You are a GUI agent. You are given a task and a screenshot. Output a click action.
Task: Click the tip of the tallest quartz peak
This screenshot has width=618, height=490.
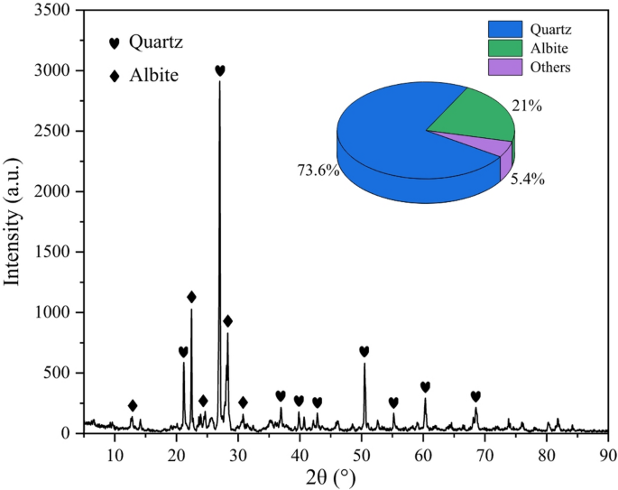[219, 82]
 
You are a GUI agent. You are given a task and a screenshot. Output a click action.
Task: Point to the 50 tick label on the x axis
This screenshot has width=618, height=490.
[362, 450]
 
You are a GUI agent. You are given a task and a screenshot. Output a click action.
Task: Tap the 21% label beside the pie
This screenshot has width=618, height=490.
[527, 106]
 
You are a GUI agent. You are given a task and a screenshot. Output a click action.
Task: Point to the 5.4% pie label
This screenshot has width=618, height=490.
[528, 179]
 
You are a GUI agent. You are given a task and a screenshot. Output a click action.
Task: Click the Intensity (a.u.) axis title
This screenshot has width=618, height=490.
[13, 219]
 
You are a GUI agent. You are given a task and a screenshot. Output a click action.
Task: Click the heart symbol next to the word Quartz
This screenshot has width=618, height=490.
[114, 42]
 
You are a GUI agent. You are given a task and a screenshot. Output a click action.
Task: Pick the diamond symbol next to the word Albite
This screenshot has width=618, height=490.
[114, 77]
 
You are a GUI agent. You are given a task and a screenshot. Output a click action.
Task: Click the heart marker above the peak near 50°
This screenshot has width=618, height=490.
[364, 351]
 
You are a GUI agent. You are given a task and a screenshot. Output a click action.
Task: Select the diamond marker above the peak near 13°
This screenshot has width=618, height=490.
[133, 405]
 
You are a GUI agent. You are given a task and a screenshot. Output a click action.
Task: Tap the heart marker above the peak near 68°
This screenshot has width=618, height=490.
[475, 396]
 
